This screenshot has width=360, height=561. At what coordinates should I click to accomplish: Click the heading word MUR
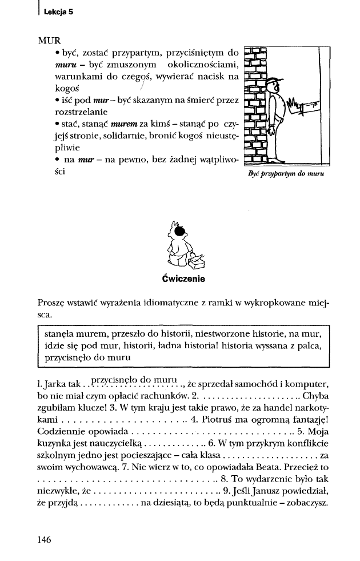pyautogui.click(x=49, y=41)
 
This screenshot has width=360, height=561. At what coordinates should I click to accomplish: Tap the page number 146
pyautogui.click(x=45, y=539)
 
